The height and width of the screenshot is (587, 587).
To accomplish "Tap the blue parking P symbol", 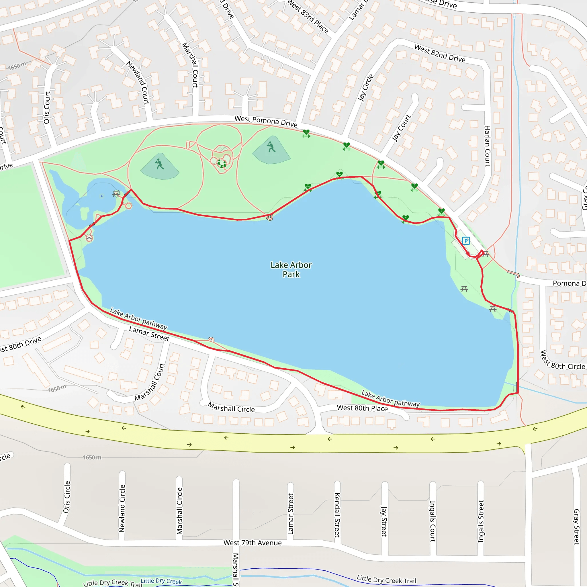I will tap(466, 241).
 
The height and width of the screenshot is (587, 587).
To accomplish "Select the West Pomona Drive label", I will tap(266, 121).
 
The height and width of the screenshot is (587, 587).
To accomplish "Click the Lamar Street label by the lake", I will tap(149, 334).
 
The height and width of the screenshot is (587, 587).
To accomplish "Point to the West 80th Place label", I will tap(362, 408).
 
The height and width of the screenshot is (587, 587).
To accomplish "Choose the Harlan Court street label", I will tap(487, 146).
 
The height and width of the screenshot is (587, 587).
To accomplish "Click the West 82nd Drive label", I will tap(440, 53).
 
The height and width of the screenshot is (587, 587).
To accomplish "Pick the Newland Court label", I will tap(138, 83).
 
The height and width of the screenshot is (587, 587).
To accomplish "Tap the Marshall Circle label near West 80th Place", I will tap(231, 407).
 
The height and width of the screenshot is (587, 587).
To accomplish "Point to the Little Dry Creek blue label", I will tap(161, 581).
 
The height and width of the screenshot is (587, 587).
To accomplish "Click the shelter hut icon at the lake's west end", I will tap(89, 239).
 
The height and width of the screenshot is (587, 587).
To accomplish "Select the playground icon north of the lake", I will tap(222, 163).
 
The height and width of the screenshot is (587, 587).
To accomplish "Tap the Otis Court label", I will tap(47, 107).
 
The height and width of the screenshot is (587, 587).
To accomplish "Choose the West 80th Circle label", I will tap(562, 361).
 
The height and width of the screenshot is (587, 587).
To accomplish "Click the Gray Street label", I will tap(576, 527).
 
